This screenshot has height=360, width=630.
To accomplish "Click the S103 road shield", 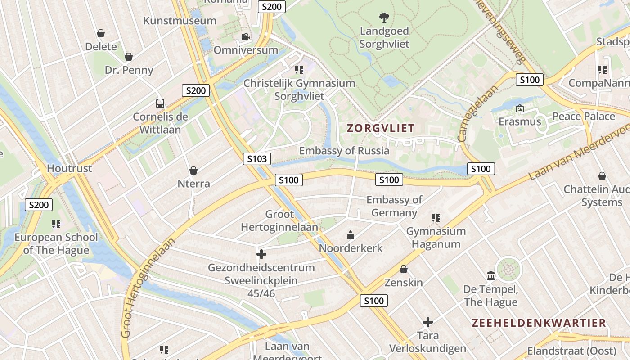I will tap(257, 158).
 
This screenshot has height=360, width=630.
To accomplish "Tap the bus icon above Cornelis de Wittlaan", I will tap(160, 103).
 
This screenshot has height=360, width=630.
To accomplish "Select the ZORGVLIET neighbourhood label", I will tap(380, 128).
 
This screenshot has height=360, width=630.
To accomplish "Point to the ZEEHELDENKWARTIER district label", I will tap(539, 323).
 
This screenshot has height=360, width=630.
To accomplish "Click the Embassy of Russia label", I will tap(344, 151).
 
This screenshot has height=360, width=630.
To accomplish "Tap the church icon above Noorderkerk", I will tap(350, 235).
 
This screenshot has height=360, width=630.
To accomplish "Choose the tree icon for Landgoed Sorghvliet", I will tap(384, 18).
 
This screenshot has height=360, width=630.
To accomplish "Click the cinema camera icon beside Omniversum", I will tap(245, 37).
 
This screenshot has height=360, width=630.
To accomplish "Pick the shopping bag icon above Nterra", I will tap(193, 171).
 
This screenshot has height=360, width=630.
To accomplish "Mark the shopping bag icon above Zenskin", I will tap(404, 270).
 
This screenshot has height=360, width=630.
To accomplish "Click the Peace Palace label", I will tap(583, 117).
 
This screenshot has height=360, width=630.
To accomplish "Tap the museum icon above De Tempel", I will tap(490, 275).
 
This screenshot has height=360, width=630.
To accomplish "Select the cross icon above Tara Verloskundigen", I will tap(427, 322).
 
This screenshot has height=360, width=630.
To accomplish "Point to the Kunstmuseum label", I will tap(180, 21).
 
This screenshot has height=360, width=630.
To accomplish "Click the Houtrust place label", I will tap(70, 169).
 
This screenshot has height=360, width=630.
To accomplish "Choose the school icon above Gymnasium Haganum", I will tap(436, 218).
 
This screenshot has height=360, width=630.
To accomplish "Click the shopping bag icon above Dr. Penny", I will tap(129, 57).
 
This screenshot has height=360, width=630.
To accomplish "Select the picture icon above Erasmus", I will tap(520, 108).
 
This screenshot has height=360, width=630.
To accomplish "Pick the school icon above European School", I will tap(56, 224).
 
